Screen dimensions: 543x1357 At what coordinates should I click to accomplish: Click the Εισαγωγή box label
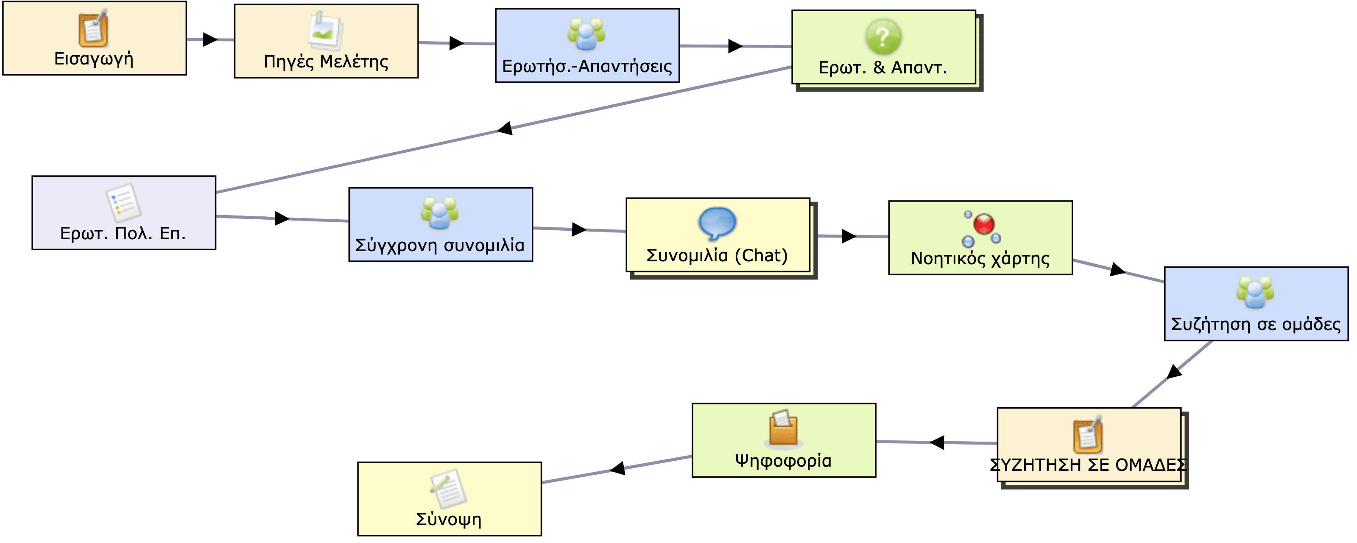[x=94, y=59]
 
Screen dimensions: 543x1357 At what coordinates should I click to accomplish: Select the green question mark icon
[x=883, y=36]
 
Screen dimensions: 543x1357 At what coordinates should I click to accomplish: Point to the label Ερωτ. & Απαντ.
[x=883, y=67]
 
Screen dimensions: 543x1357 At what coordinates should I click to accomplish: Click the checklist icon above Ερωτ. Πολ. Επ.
[x=123, y=202]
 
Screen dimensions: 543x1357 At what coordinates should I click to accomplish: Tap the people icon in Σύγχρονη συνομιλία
[x=440, y=213]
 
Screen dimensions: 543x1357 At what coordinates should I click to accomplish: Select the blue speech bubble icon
[x=717, y=224]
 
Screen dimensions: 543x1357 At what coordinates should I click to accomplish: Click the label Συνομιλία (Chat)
[x=717, y=256]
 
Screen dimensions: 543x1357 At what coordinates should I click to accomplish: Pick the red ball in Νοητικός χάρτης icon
[x=983, y=224]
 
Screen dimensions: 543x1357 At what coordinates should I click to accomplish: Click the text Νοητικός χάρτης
[x=980, y=259]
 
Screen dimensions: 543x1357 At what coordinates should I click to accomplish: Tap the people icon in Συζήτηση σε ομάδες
[x=1255, y=292]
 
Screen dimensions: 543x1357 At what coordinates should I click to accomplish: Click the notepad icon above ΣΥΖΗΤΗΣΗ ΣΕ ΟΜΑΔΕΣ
[x=1088, y=434]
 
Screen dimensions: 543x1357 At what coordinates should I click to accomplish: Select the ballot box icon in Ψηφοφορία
[x=783, y=428]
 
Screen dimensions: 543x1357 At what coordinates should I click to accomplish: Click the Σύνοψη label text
[x=449, y=519]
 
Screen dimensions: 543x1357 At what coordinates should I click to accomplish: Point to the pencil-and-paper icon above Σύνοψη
[x=448, y=488]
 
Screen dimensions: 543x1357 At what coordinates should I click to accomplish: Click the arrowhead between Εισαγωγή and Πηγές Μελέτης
[x=210, y=39]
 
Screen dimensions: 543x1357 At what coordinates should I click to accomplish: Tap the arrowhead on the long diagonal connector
[x=505, y=128]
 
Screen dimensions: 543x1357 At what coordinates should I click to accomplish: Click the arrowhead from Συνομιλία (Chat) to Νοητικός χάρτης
[x=849, y=236]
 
